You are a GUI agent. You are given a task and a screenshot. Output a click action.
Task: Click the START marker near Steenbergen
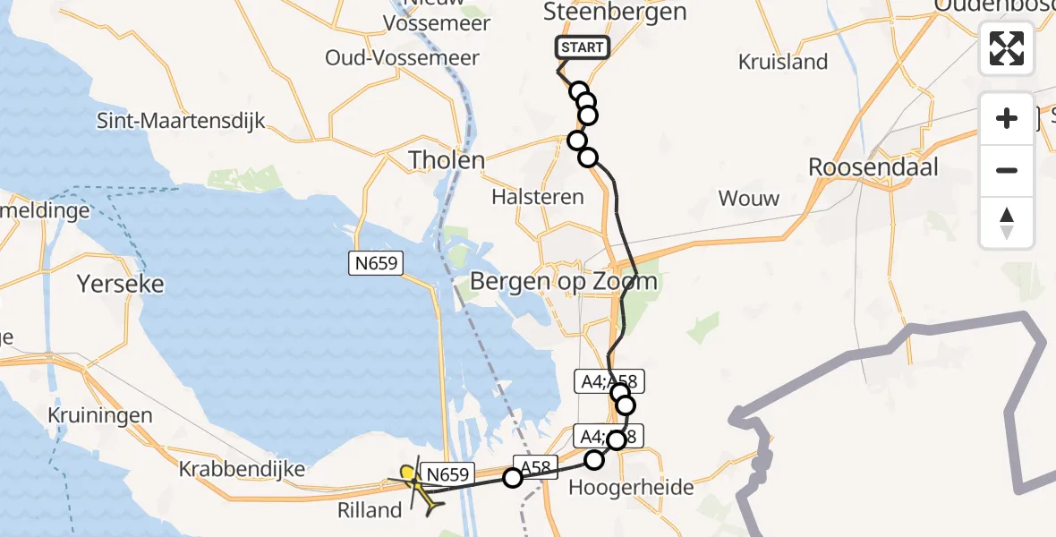[x=583, y=47]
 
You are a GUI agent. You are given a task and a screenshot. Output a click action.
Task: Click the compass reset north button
[x=1007, y=222]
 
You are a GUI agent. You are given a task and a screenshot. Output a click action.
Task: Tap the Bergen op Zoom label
[x=564, y=282]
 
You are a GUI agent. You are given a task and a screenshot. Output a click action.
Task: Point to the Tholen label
[x=447, y=160]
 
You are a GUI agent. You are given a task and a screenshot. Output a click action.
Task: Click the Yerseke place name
[x=121, y=284]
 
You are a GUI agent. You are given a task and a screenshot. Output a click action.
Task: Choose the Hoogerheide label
[x=632, y=488]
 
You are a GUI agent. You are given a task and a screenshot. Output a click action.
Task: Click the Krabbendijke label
[x=243, y=468]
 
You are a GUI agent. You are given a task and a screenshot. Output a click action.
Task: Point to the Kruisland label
[x=783, y=62]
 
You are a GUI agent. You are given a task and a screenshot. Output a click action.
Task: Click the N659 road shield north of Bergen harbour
[x=376, y=263]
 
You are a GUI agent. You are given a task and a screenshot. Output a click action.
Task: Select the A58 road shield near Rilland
[x=536, y=465]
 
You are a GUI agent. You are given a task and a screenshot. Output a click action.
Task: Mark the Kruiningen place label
[x=101, y=415]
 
